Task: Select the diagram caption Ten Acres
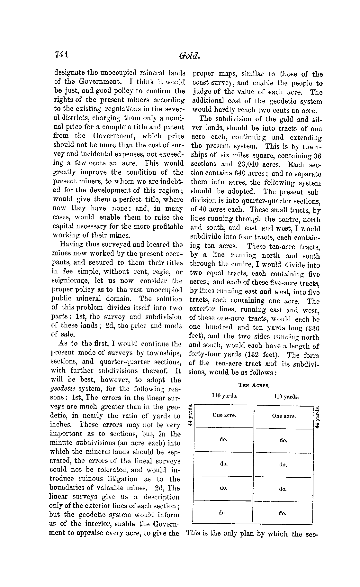(x=254, y=385)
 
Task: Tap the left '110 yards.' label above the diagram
(x=225, y=395)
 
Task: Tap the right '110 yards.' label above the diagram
(x=286, y=397)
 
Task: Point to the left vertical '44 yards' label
(x=190, y=417)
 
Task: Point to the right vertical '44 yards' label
(x=318, y=417)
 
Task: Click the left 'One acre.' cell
(x=224, y=415)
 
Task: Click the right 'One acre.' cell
(x=283, y=416)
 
